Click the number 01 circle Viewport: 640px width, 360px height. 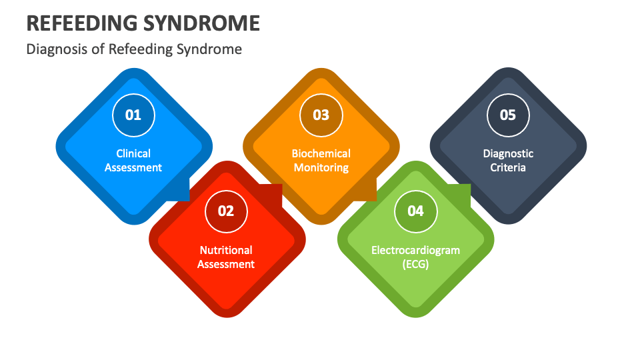(133, 115)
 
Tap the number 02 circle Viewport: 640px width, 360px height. (226, 211)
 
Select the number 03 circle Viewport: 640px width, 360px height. (321, 115)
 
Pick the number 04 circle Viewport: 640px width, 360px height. (415, 211)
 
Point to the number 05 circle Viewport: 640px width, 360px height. (508, 115)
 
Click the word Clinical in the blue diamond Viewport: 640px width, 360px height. (133, 153)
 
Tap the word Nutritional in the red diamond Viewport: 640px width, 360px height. (226, 250)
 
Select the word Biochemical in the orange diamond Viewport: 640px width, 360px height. (321, 153)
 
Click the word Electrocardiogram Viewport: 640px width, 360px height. (415, 250)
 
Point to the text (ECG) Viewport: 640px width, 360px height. (415, 264)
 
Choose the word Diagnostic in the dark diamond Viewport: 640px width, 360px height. (508, 153)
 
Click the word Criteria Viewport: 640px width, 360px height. (508, 167)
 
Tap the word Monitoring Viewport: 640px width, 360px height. (321, 168)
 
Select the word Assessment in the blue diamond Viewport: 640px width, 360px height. (133, 167)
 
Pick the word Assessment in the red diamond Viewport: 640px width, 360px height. (226, 264)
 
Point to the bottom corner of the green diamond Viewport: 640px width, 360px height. (415, 317)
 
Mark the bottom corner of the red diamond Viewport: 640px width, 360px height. (227, 317)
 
